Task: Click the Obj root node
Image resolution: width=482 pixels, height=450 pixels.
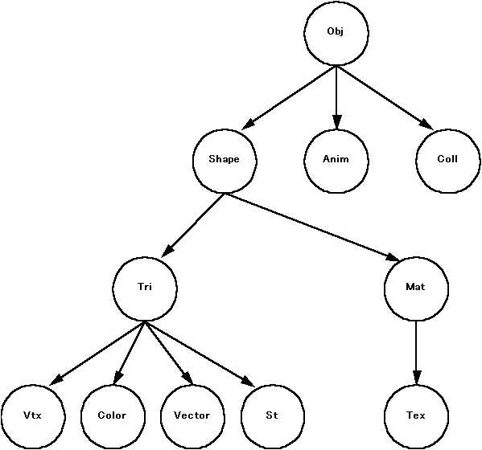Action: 336,32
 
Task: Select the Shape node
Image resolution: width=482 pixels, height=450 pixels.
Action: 225,161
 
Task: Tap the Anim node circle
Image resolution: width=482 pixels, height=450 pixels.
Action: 336,161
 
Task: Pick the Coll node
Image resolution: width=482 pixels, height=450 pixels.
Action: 448,161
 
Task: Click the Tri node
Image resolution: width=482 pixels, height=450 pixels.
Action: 145,288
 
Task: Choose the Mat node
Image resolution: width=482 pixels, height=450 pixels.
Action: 416,288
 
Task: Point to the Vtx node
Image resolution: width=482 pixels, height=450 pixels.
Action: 33,417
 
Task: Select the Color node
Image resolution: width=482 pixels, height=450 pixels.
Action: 113,417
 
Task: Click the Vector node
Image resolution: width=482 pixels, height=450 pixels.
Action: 192,417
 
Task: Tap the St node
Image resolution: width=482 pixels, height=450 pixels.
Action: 272,417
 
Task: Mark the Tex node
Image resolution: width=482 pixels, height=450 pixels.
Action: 416,417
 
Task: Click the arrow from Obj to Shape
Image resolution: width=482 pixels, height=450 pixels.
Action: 289,97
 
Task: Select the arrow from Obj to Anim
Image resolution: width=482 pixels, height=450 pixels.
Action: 336,97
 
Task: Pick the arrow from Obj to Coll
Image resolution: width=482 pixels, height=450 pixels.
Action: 385,97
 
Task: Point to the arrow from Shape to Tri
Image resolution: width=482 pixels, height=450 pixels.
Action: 194,225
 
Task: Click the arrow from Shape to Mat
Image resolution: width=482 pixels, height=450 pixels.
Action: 312,227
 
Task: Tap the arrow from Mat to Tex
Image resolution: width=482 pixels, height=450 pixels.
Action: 417,353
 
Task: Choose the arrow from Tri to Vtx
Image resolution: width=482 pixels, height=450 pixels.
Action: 97,353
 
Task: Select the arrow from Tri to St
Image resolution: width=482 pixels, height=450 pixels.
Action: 200,354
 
